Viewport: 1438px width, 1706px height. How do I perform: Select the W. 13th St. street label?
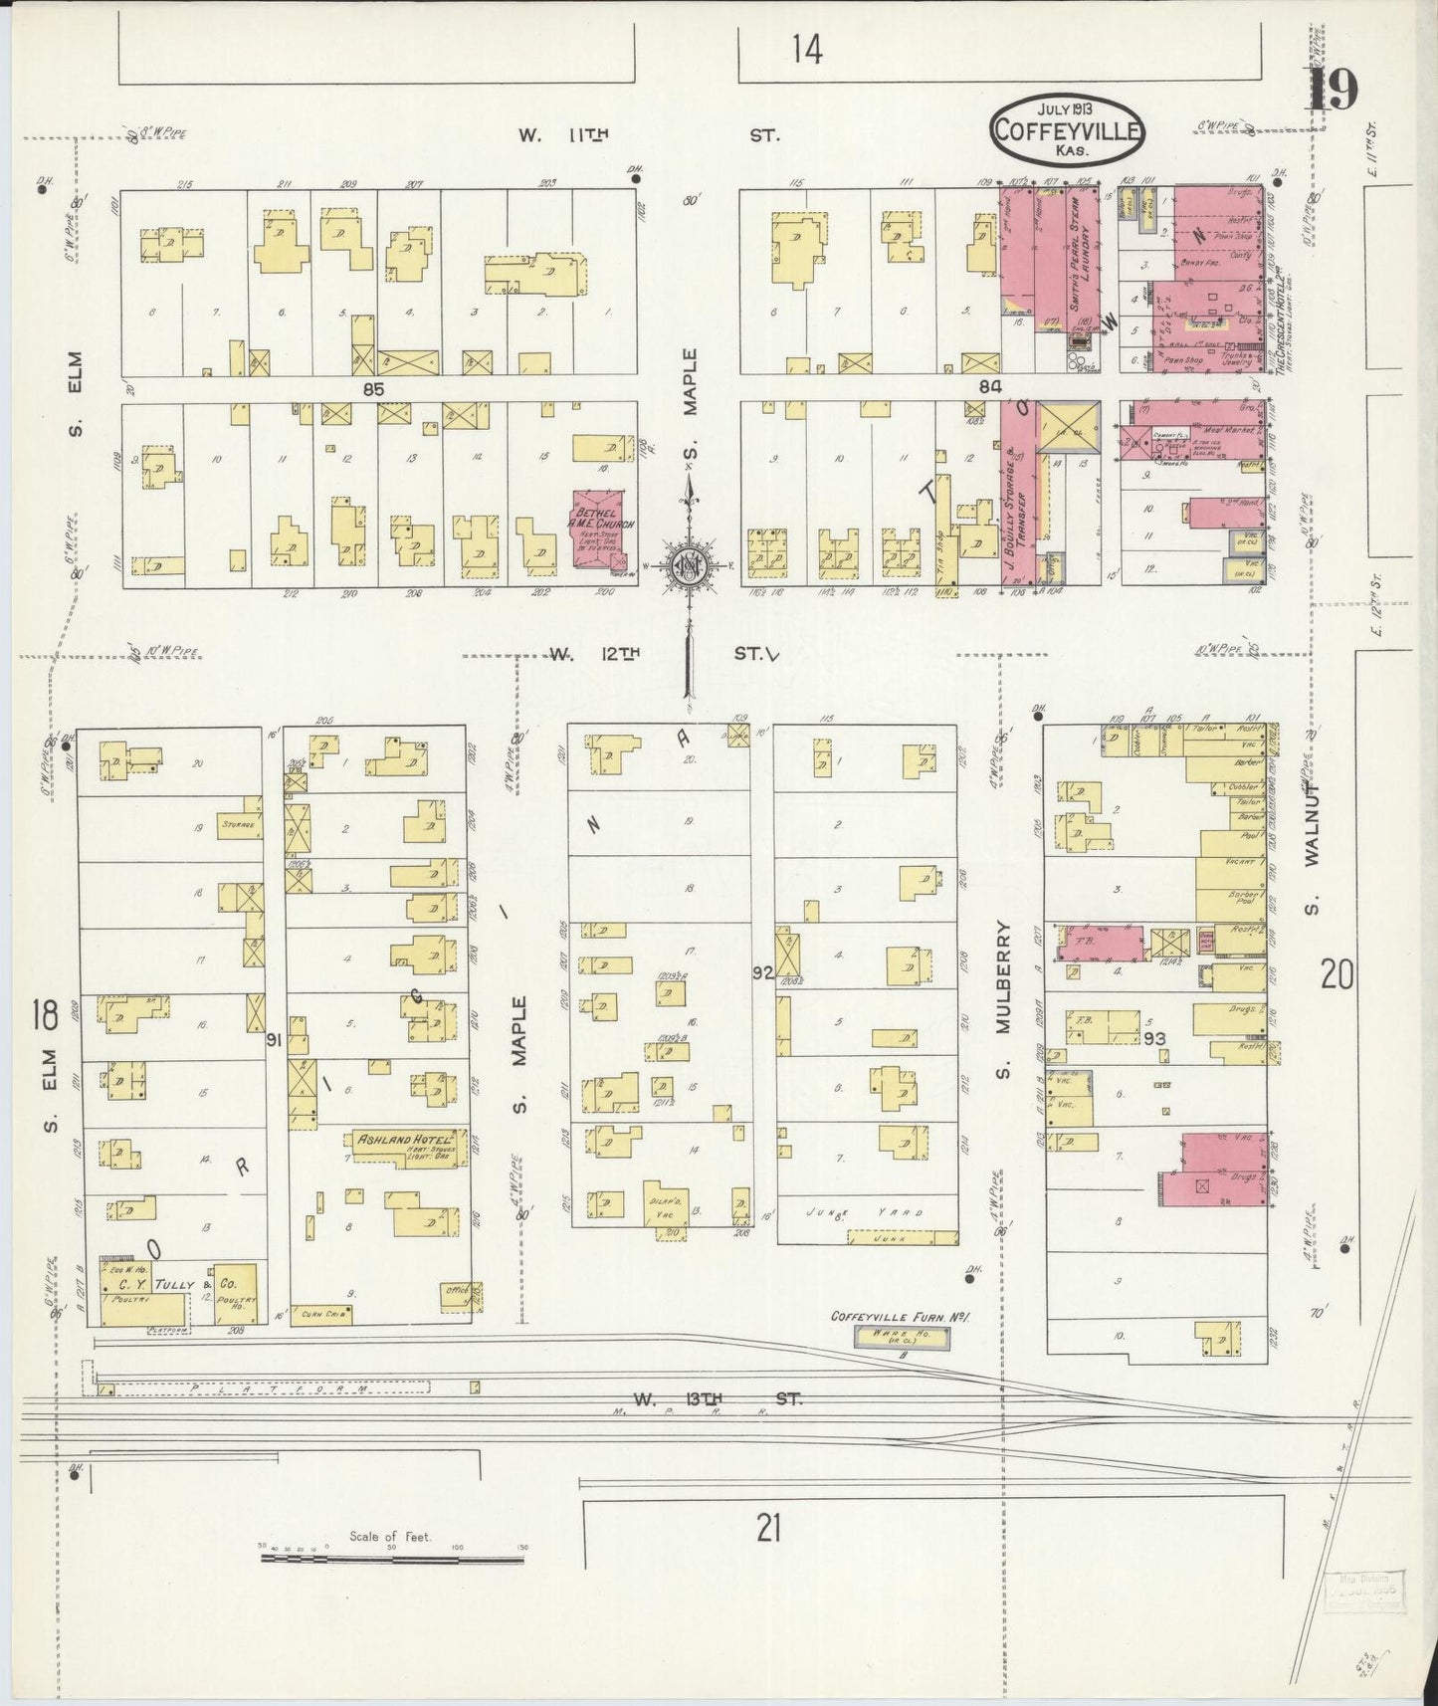pos(717,1399)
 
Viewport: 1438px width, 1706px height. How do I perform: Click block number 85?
pos(373,387)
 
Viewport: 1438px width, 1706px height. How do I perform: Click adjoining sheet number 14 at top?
pos(807,50)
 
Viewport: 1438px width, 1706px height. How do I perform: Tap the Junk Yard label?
pos(865,1212)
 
